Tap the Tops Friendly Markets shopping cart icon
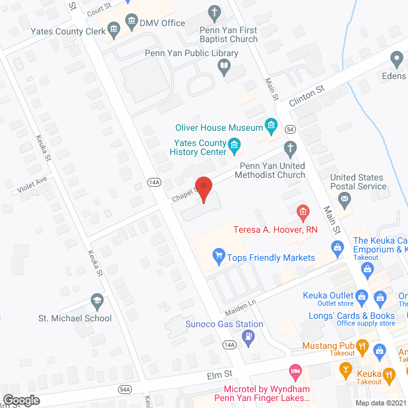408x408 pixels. (218, 257)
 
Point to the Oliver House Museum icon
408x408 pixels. (272, 127)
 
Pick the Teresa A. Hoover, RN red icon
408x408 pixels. (303, 211)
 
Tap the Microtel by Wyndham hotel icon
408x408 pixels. (294, 370)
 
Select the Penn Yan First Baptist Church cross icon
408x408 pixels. (215, 12)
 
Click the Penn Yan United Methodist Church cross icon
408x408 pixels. (290, 150)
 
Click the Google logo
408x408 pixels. (21, 400)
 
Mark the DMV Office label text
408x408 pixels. (164, 23)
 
